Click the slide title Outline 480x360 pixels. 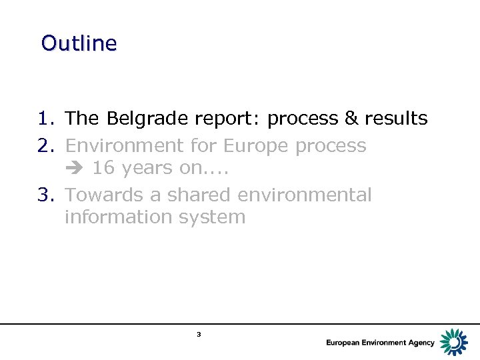(x=79, y=43)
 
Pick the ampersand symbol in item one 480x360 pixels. (x=351, y=119)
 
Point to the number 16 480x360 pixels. (x=102, y=168)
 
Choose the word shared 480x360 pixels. (x=197, y=195)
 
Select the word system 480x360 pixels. (x=217, y=217)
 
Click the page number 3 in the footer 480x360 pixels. (x=199, y=334)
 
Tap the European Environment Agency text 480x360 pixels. (x=380, y=343)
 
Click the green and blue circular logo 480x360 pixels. (x=454, y=341)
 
